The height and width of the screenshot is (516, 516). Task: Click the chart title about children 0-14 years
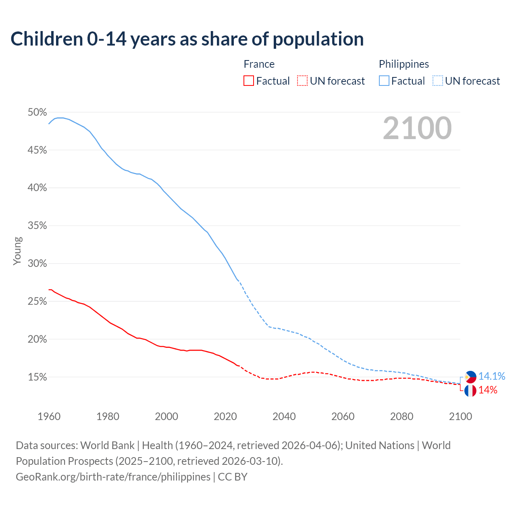[187, 39]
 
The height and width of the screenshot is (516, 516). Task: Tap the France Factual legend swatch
[249, 81]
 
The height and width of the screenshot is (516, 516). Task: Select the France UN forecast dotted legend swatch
[302, 81]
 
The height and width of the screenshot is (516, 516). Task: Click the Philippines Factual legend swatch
[384, 81]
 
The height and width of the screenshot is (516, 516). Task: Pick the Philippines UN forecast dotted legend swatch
[437, 81]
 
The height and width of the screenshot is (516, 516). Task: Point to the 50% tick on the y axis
[37, 112]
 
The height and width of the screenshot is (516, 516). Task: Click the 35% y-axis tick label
[37, 226]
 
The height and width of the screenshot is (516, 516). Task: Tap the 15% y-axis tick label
[37, 377]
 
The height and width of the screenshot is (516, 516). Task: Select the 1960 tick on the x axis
[49, 416]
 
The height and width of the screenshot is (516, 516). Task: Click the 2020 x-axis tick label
[225, 416]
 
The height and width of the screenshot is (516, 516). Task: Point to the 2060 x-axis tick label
[343, 416]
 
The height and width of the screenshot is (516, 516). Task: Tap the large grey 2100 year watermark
[417, 128]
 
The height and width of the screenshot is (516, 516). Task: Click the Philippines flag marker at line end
[470, 377]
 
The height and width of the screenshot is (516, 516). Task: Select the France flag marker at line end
[470, 391]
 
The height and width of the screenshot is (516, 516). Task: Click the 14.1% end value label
[492, 377]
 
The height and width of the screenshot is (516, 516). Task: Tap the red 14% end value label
[488, 390]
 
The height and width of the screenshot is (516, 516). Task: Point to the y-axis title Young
[17, 251]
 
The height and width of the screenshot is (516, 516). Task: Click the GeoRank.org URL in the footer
[113, 477]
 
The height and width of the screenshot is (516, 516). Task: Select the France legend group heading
[259, 64]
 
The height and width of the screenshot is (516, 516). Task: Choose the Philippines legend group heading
[404, 64]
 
